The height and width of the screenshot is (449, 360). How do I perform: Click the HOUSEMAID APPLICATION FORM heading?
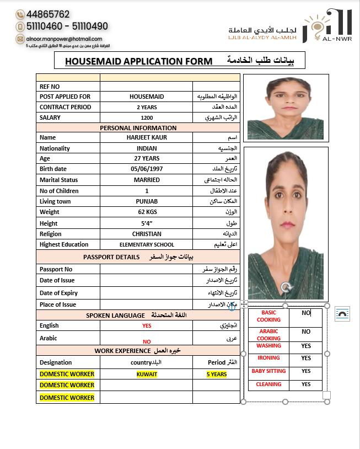coord(138,61)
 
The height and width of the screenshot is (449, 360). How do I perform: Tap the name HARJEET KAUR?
coord(147,137)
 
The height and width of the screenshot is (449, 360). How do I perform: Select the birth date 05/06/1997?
coord(147,169)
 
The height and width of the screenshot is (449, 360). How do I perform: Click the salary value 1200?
coord(147,117)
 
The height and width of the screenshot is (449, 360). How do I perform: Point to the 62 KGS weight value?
coord(147,212)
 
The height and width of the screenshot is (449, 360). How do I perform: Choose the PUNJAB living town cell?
coord(147,201)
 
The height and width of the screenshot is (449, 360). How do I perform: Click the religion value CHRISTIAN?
coord(147,234)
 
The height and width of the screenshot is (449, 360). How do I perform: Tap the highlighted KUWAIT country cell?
coord(147,374)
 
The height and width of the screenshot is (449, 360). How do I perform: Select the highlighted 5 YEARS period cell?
coord(217,374)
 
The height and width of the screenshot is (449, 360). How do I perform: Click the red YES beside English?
coord(147,326)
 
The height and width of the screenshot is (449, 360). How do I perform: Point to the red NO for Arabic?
coord(147,342)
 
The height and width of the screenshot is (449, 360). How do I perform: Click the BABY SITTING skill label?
coord(268,371)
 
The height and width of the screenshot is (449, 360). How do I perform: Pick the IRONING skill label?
coord(268,358)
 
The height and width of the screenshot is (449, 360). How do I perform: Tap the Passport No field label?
coord(56,269)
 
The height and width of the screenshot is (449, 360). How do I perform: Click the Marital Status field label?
coord(59,180)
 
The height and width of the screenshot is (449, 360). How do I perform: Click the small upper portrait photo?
coord(286,107)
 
